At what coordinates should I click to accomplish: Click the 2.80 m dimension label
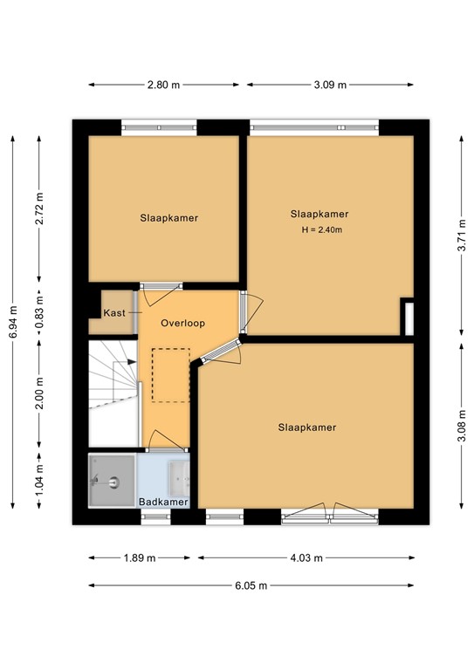pyautogui.click(x=164, y=85)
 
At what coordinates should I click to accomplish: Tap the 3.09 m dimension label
pyautogui.click(x=330, y=85)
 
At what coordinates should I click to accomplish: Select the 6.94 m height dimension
pyautogui.click(x=13, y=322)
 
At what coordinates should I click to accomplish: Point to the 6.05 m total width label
pyautogui.click(x=251, y=586)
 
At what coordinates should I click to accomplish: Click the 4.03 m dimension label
pyautogui.click(x=306, y=558)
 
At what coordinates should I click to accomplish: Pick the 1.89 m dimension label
pyautogui.click(x=140, y=558)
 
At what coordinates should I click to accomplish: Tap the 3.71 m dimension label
pyautogui.click(x=462, y=236)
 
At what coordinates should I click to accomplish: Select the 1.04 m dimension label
pyautogui.click(x=39, y=481)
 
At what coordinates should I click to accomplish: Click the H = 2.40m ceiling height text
pyautogui.click(x=322, y=230)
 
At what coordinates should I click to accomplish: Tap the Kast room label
pyautogui.click(x=114, y=313)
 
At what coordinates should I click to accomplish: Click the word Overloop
pyautogui.click(x=183, y=323)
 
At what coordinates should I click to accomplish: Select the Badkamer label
pyautogui.click(x=164, y=502)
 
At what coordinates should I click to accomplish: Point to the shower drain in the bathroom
pyautogui.click(x=114, y=482)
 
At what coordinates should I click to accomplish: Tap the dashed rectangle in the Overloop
pyautogui.click(x=171, y=375)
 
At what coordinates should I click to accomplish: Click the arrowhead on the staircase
pyautogui.click(x=132, y=362)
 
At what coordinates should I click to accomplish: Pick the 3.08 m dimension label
pyautogui.click(x=462, y=426)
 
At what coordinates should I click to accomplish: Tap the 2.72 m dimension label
pyautogui.click(x=39, y=209)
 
